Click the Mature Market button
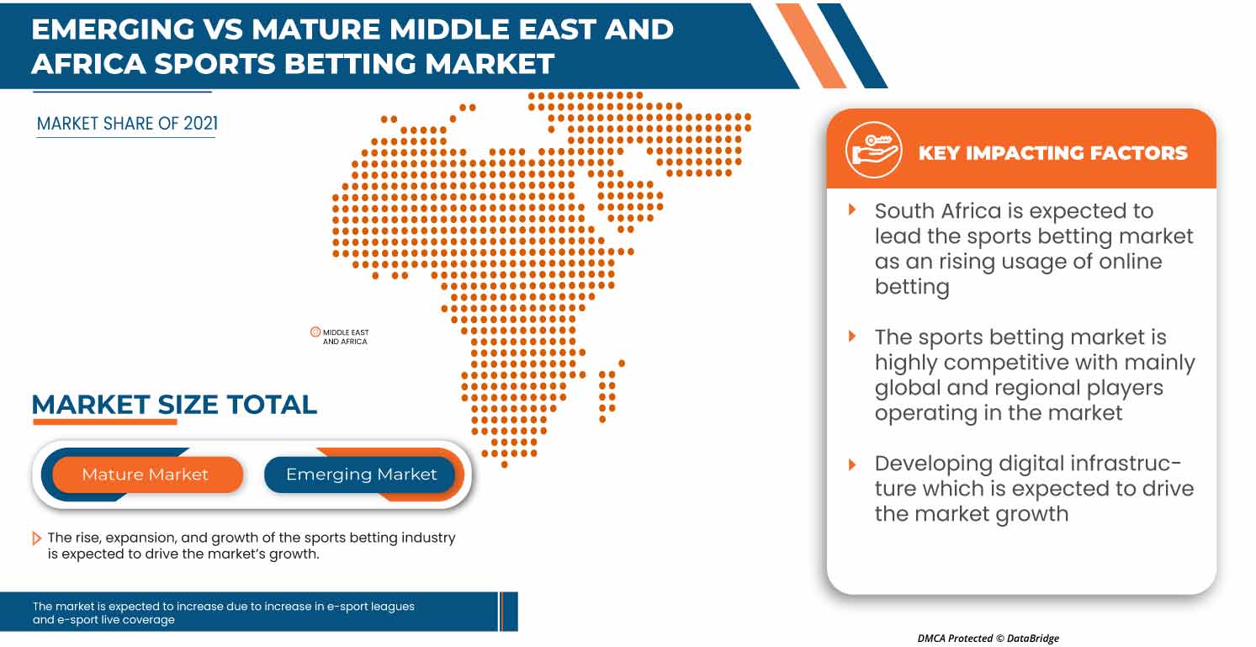[145, 475]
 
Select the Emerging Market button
[361, 475]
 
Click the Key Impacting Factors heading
[1052, 152]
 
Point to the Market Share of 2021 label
[127, 124]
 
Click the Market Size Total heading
[174, 405]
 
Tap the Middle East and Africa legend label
[346, 337]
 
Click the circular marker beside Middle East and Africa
[315, 332]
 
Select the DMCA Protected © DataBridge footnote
[988, 639]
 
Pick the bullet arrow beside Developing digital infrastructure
[852, 464]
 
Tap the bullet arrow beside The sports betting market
[852, 337]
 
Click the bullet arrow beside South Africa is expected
[852, 209]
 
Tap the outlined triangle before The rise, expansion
[37, 538]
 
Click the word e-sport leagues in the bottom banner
[368, 606]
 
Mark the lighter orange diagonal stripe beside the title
[811, 44]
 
